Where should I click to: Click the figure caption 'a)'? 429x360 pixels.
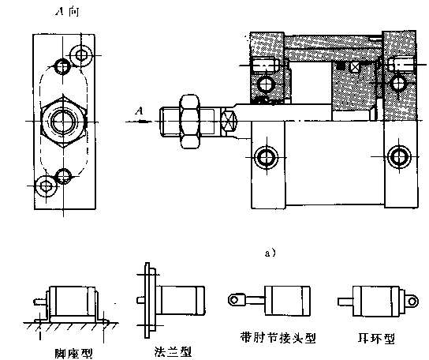[270, 253]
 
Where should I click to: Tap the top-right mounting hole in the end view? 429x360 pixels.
[79, 54]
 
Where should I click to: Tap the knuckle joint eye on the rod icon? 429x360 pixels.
[234, 299]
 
